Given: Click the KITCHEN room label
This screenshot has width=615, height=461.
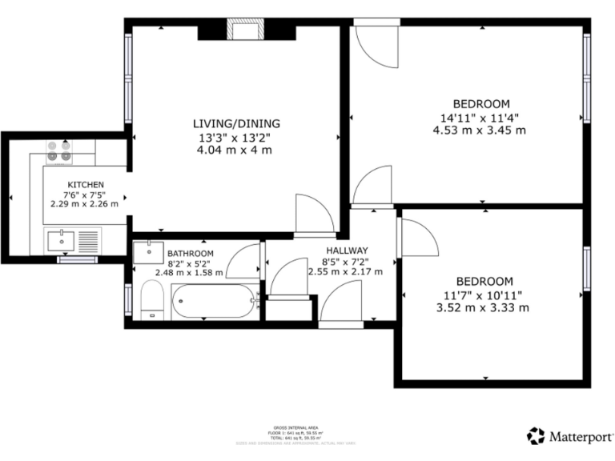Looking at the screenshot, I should click(x=85, y=184).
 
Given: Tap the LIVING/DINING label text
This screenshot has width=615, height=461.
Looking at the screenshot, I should click(x=236, y=123).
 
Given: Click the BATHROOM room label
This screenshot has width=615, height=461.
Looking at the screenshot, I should click(x=191, y=254).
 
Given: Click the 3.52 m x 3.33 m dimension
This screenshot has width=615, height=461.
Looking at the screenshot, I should click(x=484, y=307).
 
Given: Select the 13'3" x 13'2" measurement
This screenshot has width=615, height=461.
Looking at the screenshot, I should click(x=236, y=137).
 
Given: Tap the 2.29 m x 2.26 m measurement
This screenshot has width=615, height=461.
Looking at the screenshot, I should click(x=85, y=203).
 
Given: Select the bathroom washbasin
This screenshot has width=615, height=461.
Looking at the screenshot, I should click(x=150, y=252).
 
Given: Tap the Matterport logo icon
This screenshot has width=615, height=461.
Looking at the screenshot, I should click(x=536, y=436).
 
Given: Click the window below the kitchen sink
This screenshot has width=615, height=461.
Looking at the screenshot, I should click(x=77, y=259).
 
